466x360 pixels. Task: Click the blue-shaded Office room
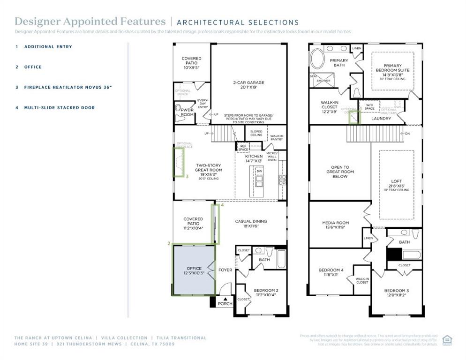[x=194, y=271]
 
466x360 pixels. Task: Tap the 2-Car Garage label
[x=248, y=85]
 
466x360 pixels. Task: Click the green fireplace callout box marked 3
[x=179, y=162]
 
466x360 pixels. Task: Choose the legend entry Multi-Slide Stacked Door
[x=60, y=108]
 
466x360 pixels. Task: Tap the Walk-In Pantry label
[x=277, y=137]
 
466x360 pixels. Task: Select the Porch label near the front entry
[x=225, y=303]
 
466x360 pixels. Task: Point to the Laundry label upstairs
[x=381, y=119]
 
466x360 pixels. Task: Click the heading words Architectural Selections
[x=238, y=22]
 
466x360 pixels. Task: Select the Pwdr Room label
[x=187, y=112]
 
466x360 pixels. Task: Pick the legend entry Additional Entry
[x=48, y=47]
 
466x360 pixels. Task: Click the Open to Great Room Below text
[x=340, y=172]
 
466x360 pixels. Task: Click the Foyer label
[x=225, y=270]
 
